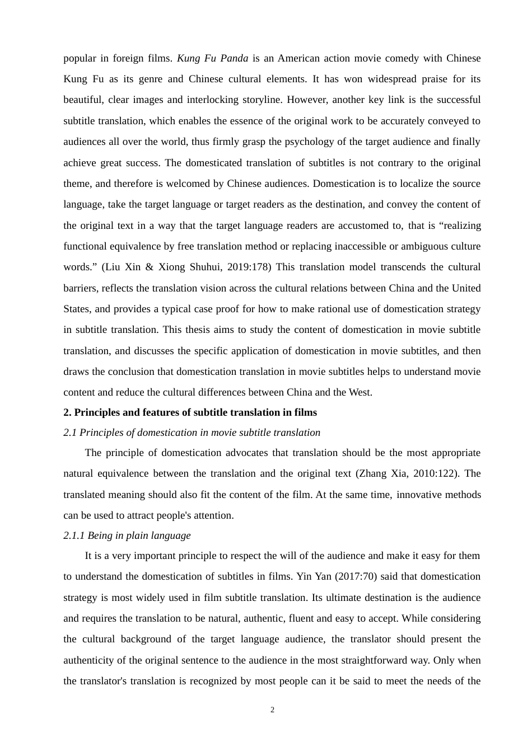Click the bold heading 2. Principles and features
click(x=190, y=412)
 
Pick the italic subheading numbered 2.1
click(x=192, y=433)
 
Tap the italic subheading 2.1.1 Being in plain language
click(x=127, y=535)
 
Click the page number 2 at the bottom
click(x=272, y=710)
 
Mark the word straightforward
click(x=372, y=660)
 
